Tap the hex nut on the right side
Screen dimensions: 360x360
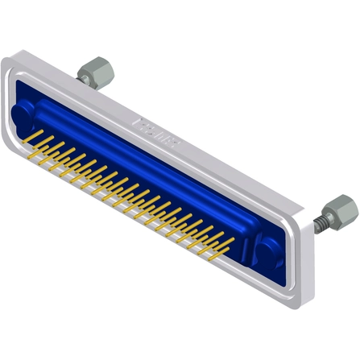[342, 209]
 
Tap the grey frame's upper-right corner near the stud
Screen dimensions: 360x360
[310, 213]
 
